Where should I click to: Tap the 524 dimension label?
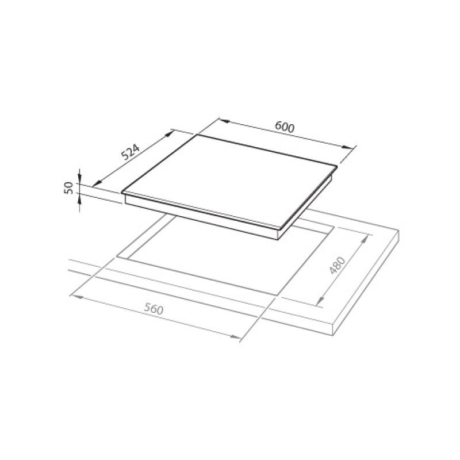(131, 152)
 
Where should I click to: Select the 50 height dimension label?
(68, 188)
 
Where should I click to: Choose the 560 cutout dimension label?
(154, 309)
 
